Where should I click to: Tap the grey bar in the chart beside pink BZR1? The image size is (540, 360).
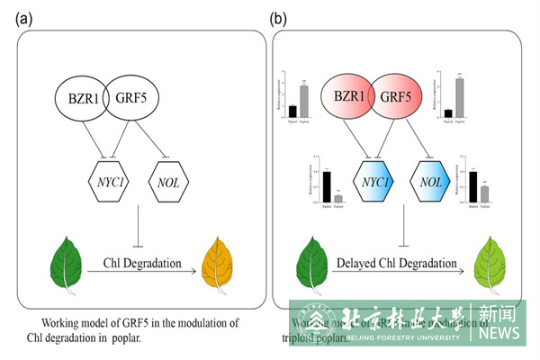point(304,101)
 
